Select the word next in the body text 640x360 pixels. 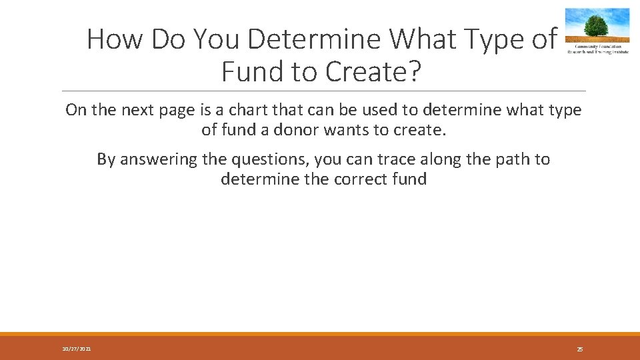coord(139,110)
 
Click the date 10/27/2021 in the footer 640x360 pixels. coord(77,349)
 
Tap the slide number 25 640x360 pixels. coord(579,349)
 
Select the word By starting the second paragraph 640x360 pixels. coord(105,159)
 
